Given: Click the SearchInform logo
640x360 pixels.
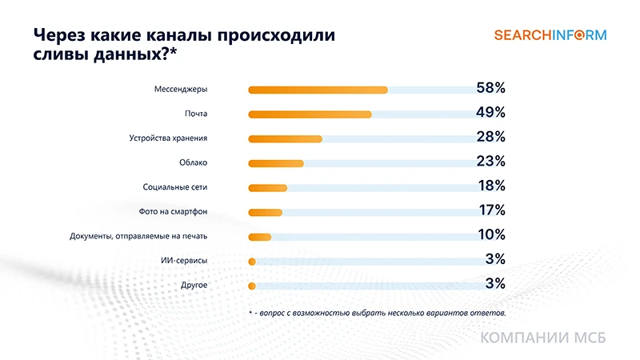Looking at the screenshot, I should coord(550,35).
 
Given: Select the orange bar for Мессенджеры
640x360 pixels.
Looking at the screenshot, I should coord(318,90).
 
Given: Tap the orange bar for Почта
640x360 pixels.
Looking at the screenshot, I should coord(310,114).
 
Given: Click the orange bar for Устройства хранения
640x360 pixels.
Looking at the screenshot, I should coord(286,138).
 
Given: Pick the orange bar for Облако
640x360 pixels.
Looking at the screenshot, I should coord(276,163).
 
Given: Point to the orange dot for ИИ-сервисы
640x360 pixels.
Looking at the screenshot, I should coord(252,262).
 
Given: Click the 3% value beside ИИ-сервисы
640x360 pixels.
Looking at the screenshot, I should coord(494,258).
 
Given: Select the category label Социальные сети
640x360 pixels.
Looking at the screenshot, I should coord(175,187).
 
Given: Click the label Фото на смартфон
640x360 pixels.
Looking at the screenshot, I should coord(174,212).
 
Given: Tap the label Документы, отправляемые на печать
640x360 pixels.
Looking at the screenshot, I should coord(138,236).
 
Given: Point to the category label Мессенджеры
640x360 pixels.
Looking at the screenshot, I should coord(181,90).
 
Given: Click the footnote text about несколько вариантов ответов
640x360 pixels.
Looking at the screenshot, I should coord(378,312).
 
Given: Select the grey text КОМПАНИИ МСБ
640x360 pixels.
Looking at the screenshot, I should coord(543,338).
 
